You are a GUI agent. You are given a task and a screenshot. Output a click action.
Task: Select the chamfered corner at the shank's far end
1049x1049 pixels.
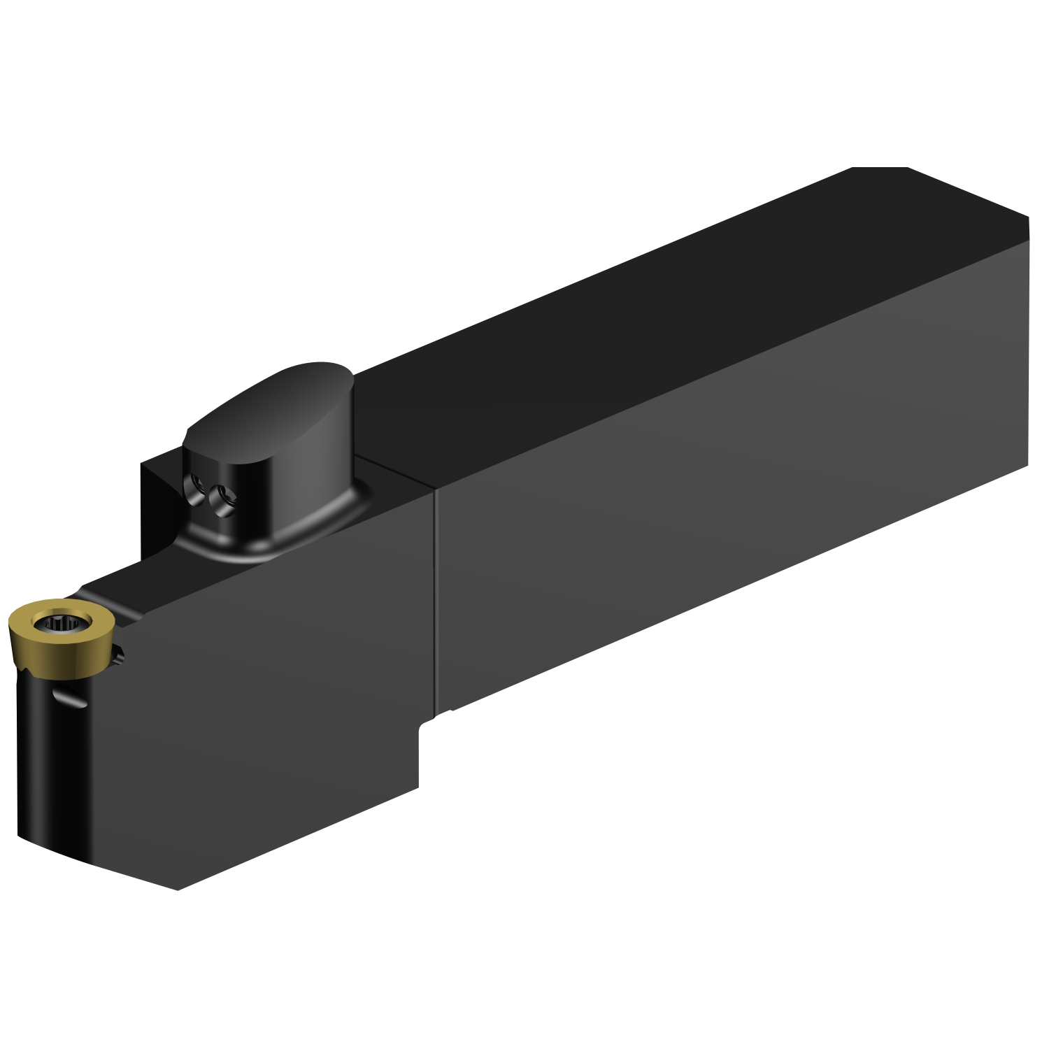(x=879, y=169)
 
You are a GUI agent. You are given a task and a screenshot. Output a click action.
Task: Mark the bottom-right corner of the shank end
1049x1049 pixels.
(x=1027, y=466)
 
